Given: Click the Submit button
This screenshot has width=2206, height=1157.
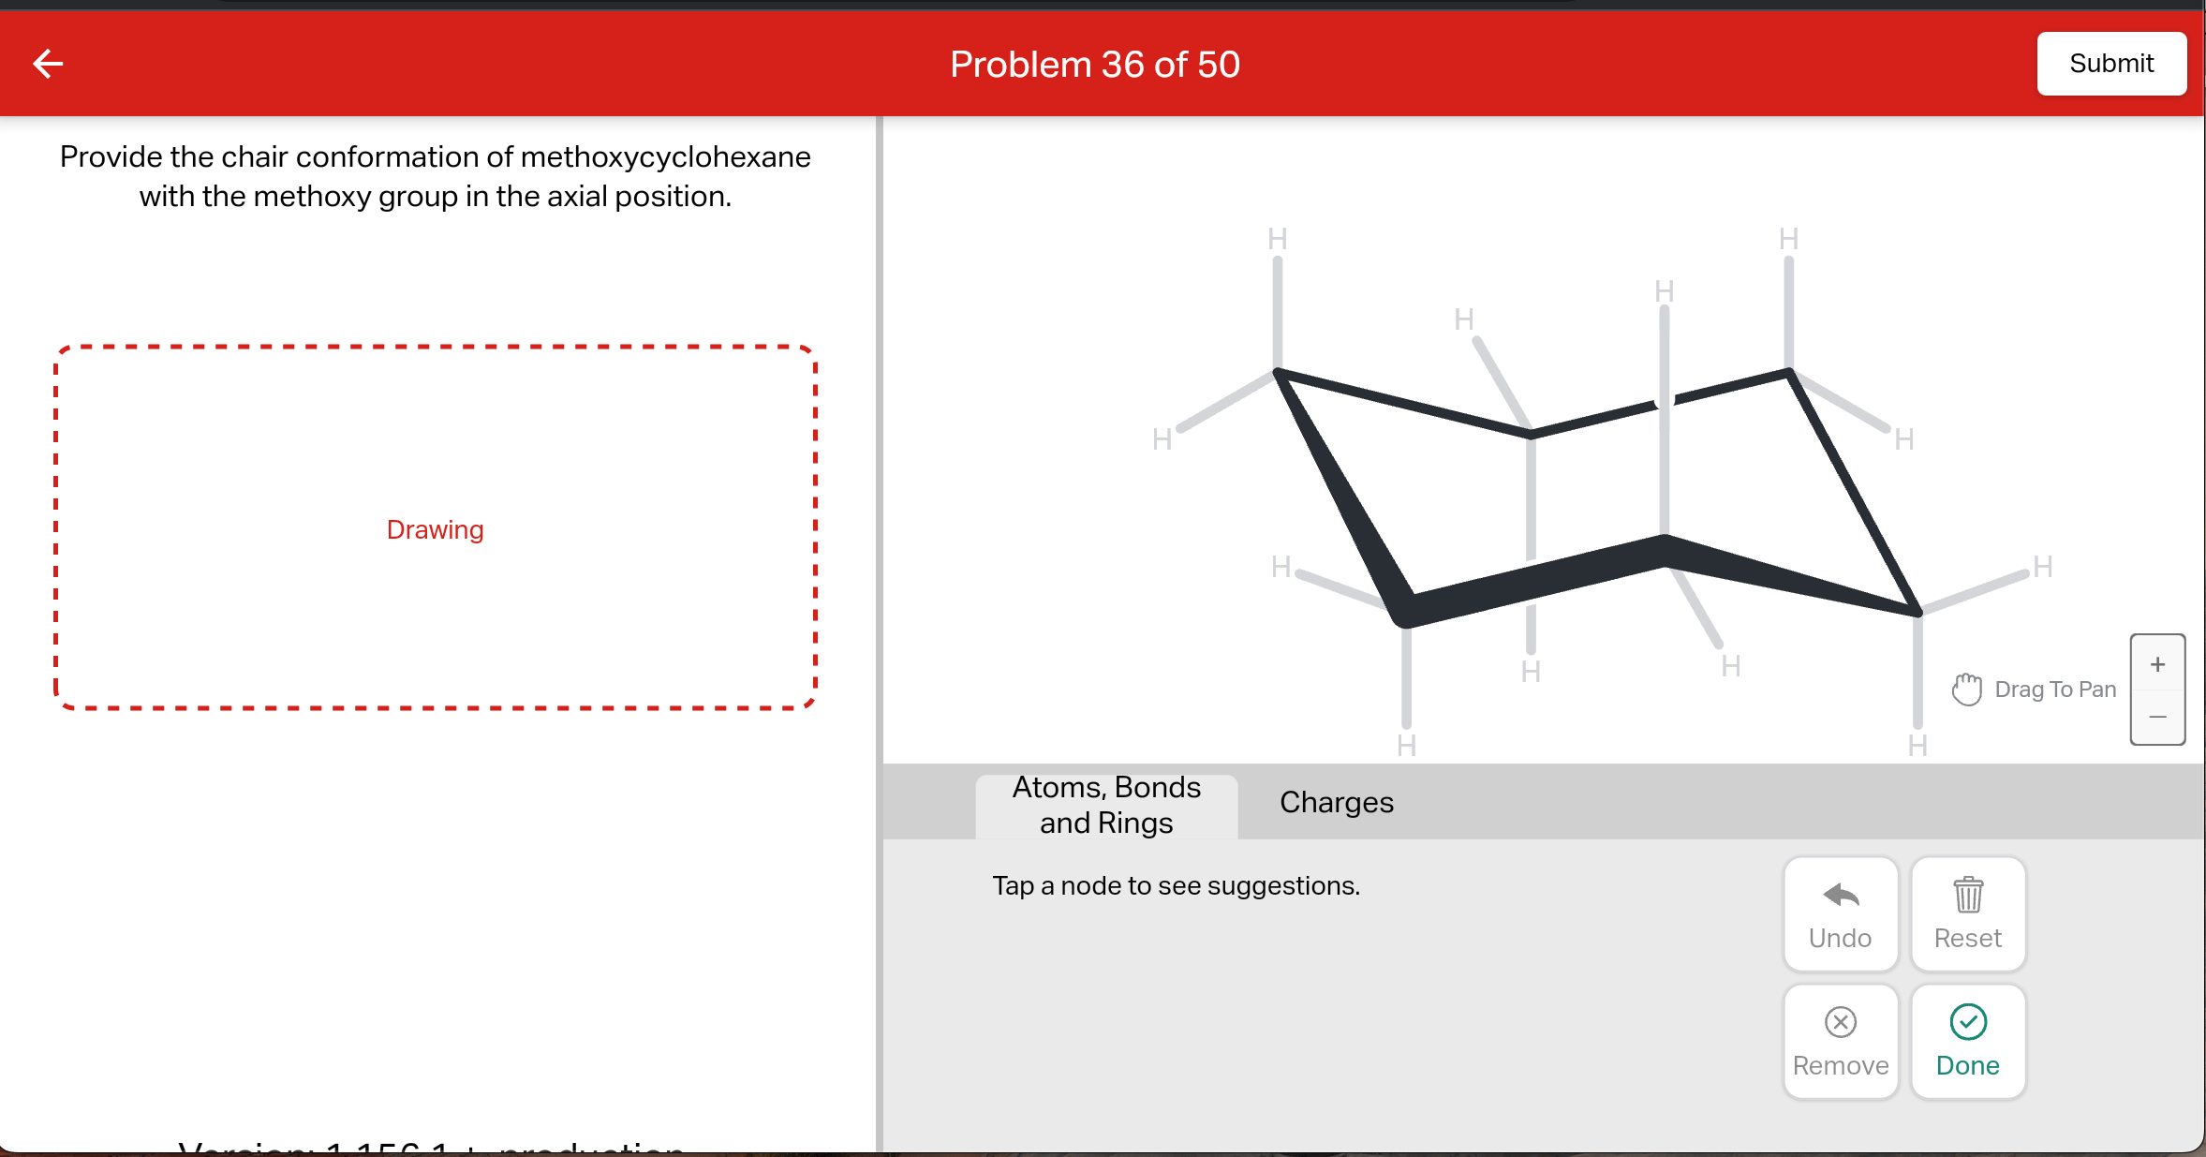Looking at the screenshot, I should [x=2110, y=64].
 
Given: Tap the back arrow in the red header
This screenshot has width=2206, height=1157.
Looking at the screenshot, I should [x=48, y=64].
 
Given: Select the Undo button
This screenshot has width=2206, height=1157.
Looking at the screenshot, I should [x=1840, y=913].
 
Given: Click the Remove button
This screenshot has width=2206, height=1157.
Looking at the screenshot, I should [x=1840, y=1041].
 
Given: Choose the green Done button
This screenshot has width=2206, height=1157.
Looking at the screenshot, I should [x=1967, y=1041].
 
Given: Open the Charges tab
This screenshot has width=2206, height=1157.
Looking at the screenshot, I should [x=1336, y=803].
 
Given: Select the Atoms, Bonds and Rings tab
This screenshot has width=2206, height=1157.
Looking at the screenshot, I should [x=1106, y=805].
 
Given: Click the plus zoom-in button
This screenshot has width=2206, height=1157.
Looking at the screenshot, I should [x=2157, y=664].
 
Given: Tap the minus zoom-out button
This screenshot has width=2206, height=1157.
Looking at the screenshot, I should [x=2157, y=717].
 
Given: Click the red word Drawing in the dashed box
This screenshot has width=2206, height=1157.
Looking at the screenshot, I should [x=435, y=530].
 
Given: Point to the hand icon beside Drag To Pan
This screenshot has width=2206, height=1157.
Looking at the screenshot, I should [x=1966, y=690].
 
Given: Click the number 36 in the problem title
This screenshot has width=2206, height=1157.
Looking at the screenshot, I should [x=1122, y=65].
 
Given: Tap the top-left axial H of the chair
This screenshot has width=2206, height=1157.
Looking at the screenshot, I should [x=1277, y=239].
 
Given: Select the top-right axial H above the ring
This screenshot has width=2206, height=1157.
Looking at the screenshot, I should [x=1788, y=239].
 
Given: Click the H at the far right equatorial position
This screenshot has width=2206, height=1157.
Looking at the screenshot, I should [x=2043, y=567].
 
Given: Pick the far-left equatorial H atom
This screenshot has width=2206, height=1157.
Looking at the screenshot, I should [x=1162, y=439].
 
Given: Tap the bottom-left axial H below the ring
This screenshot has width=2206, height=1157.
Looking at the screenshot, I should [x=1406, y=746].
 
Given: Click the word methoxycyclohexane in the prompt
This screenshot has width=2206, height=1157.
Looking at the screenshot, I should [x=665, y=156].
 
